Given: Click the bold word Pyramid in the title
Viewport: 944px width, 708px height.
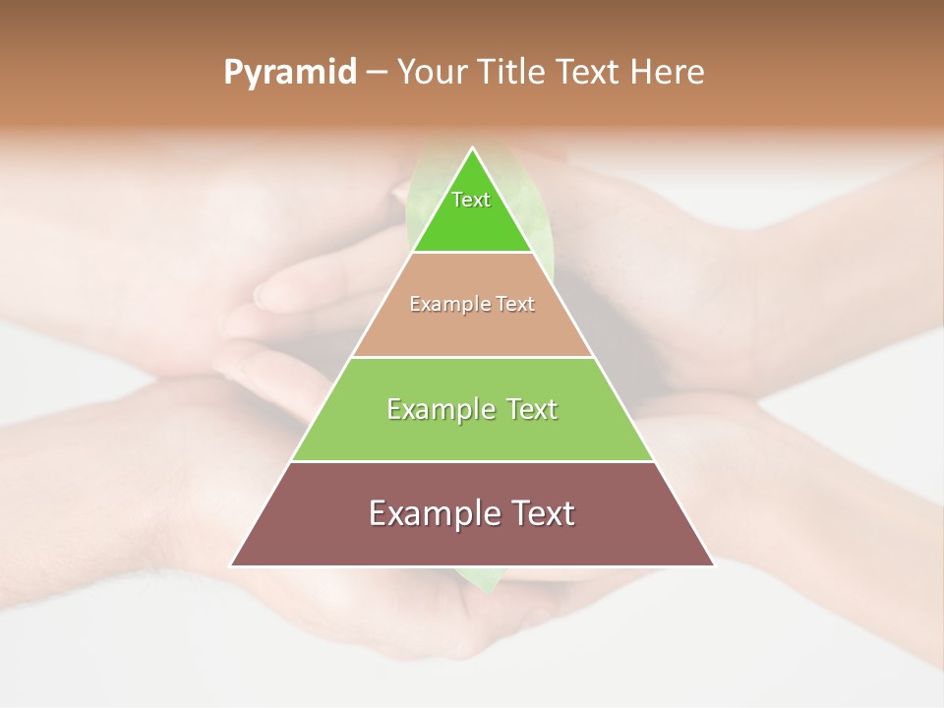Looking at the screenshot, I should [290, 73].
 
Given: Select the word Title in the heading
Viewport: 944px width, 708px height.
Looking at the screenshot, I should [512, 73].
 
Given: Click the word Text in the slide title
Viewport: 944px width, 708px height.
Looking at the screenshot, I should [589, 73].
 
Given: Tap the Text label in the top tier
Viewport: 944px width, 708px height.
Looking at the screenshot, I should [471, 200].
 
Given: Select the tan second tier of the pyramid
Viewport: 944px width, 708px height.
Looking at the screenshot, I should [472, 329].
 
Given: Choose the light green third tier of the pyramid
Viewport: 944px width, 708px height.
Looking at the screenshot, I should [472, 437].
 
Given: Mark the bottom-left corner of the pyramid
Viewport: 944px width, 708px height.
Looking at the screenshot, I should [232, 564].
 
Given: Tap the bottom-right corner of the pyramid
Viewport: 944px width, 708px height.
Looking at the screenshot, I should [713, 564].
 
